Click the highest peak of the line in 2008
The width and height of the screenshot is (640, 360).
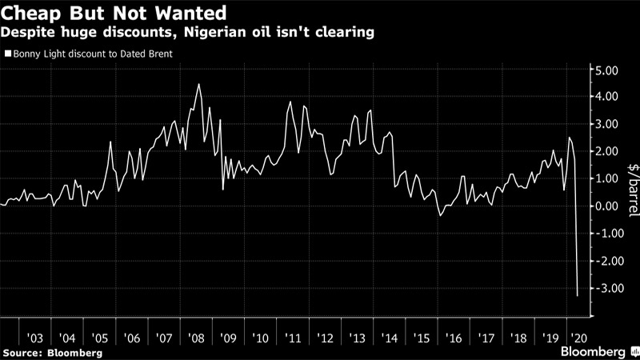tap(198, 84)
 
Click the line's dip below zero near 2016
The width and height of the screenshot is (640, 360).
tap(440, 215)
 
